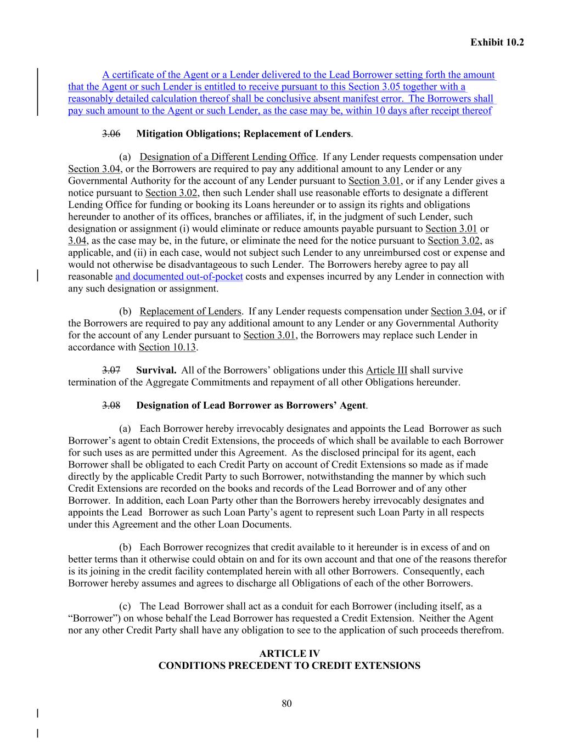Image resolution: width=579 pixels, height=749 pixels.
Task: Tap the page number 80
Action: (x=286, y=703)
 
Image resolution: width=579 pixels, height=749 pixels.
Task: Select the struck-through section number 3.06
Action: (x=111, y=134)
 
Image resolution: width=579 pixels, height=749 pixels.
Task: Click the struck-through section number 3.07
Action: (x=111, y=370)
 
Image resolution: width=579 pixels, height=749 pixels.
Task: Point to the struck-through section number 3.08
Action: (x=111, y=406)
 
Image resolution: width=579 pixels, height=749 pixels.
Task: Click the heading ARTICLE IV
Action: (x=289, y=654)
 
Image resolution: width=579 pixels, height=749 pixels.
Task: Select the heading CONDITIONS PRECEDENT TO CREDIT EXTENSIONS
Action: (x=289, y=666)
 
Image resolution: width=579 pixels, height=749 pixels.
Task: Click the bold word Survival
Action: (x=156, y=370)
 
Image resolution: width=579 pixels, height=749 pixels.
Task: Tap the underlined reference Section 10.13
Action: (x=167, y=347)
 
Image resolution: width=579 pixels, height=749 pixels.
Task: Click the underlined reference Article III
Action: (x=386, y=370)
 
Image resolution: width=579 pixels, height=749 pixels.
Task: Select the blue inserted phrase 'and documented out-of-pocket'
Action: (x=179, y=277)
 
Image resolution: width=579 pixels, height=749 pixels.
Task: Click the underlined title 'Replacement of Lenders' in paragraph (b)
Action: (x=190, y=312)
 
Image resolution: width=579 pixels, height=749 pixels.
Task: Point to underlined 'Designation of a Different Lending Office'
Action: (x=228, y=157)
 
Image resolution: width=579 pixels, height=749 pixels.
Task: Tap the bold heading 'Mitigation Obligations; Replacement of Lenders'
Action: (x=243, y=134)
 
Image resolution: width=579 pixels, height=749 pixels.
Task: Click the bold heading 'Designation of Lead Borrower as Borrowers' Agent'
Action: (x=251, y=406)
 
